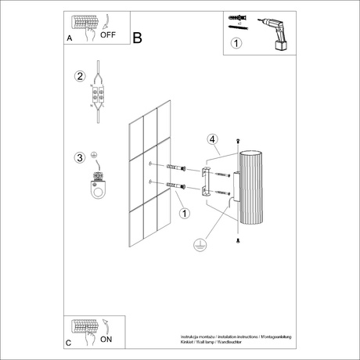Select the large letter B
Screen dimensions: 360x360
[138, 37]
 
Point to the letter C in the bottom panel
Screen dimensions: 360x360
[69, 343]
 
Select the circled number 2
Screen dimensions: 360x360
[79, 77]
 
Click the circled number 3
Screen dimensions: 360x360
[79, 157]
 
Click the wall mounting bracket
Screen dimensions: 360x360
[206, 181]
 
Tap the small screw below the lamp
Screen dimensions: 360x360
[238, 244]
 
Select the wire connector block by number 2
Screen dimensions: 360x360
[99, 95]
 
